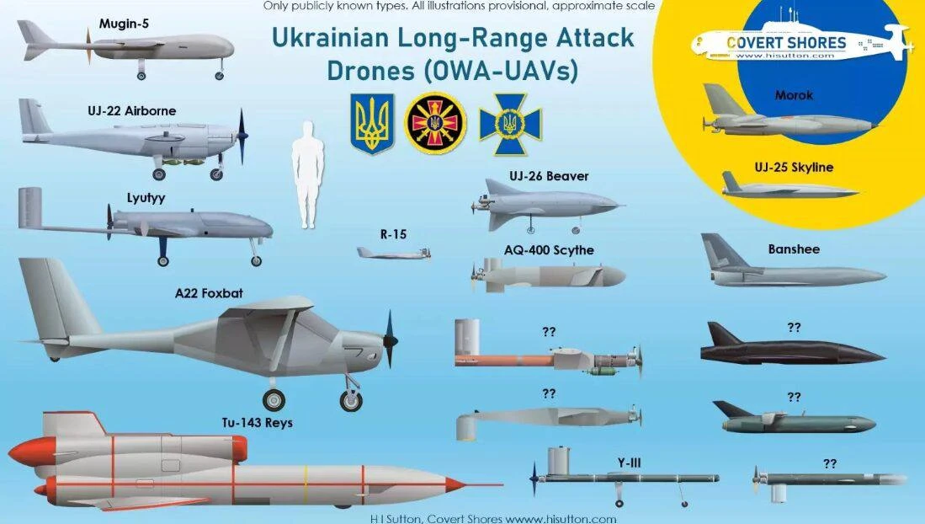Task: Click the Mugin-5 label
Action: tap(124, 24)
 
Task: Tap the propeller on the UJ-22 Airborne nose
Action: tap(242, 136)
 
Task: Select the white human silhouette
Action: tap(307, 175)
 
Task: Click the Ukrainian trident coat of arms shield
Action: tap(372, 124)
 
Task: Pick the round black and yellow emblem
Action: tap(435, 123)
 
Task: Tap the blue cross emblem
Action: tap(510, 124)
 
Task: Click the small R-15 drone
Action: tap(393, 254)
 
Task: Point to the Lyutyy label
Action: tap(146, 198)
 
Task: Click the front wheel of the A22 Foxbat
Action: tap(351, 400)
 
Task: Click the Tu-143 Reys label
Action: tap(258, 423)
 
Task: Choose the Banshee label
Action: tap(794, 249)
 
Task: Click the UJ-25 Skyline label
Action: tap(794, 167)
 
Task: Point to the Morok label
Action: tap(794, 95)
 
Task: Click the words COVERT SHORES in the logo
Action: tap(786, 43)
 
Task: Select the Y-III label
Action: tap(629, 463)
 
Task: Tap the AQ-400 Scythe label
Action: tap(549, 250)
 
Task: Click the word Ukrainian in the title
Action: tap(330, 39)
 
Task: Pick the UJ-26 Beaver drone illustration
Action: tap(546, 206)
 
